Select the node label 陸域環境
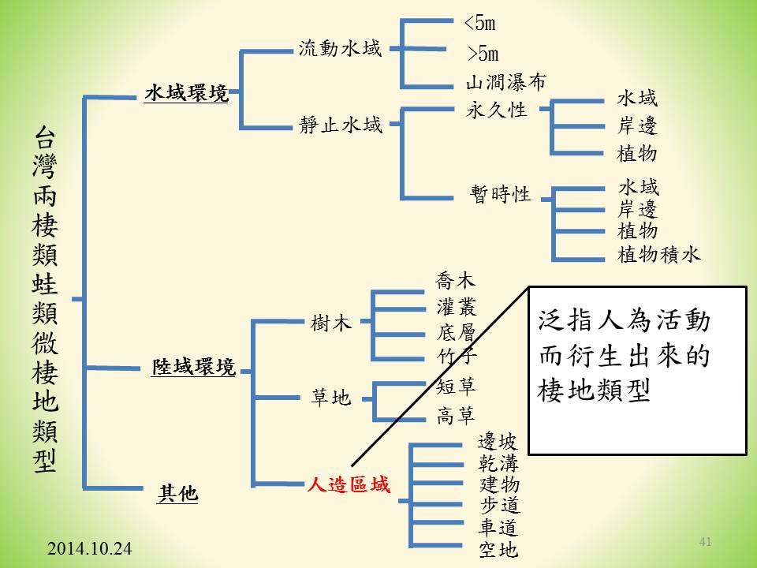point(194,366)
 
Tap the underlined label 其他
point(178,494)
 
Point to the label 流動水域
point(340,49)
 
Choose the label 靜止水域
point(341,125)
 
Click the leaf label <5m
point(480,23)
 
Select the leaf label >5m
point(483,54)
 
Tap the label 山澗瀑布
point(505,82)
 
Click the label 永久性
point(496,110)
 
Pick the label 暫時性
point(501,194)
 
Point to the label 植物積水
point(659,254)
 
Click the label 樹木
point(331,323)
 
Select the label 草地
point(330,398)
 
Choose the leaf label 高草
point(457,416)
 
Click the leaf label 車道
point(499,526)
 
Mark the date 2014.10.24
point(89,547)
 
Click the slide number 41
point(705,542)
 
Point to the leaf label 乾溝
point(499,461)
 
